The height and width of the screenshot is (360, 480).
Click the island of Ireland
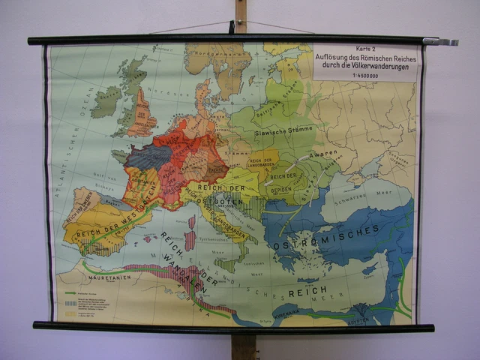106,100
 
